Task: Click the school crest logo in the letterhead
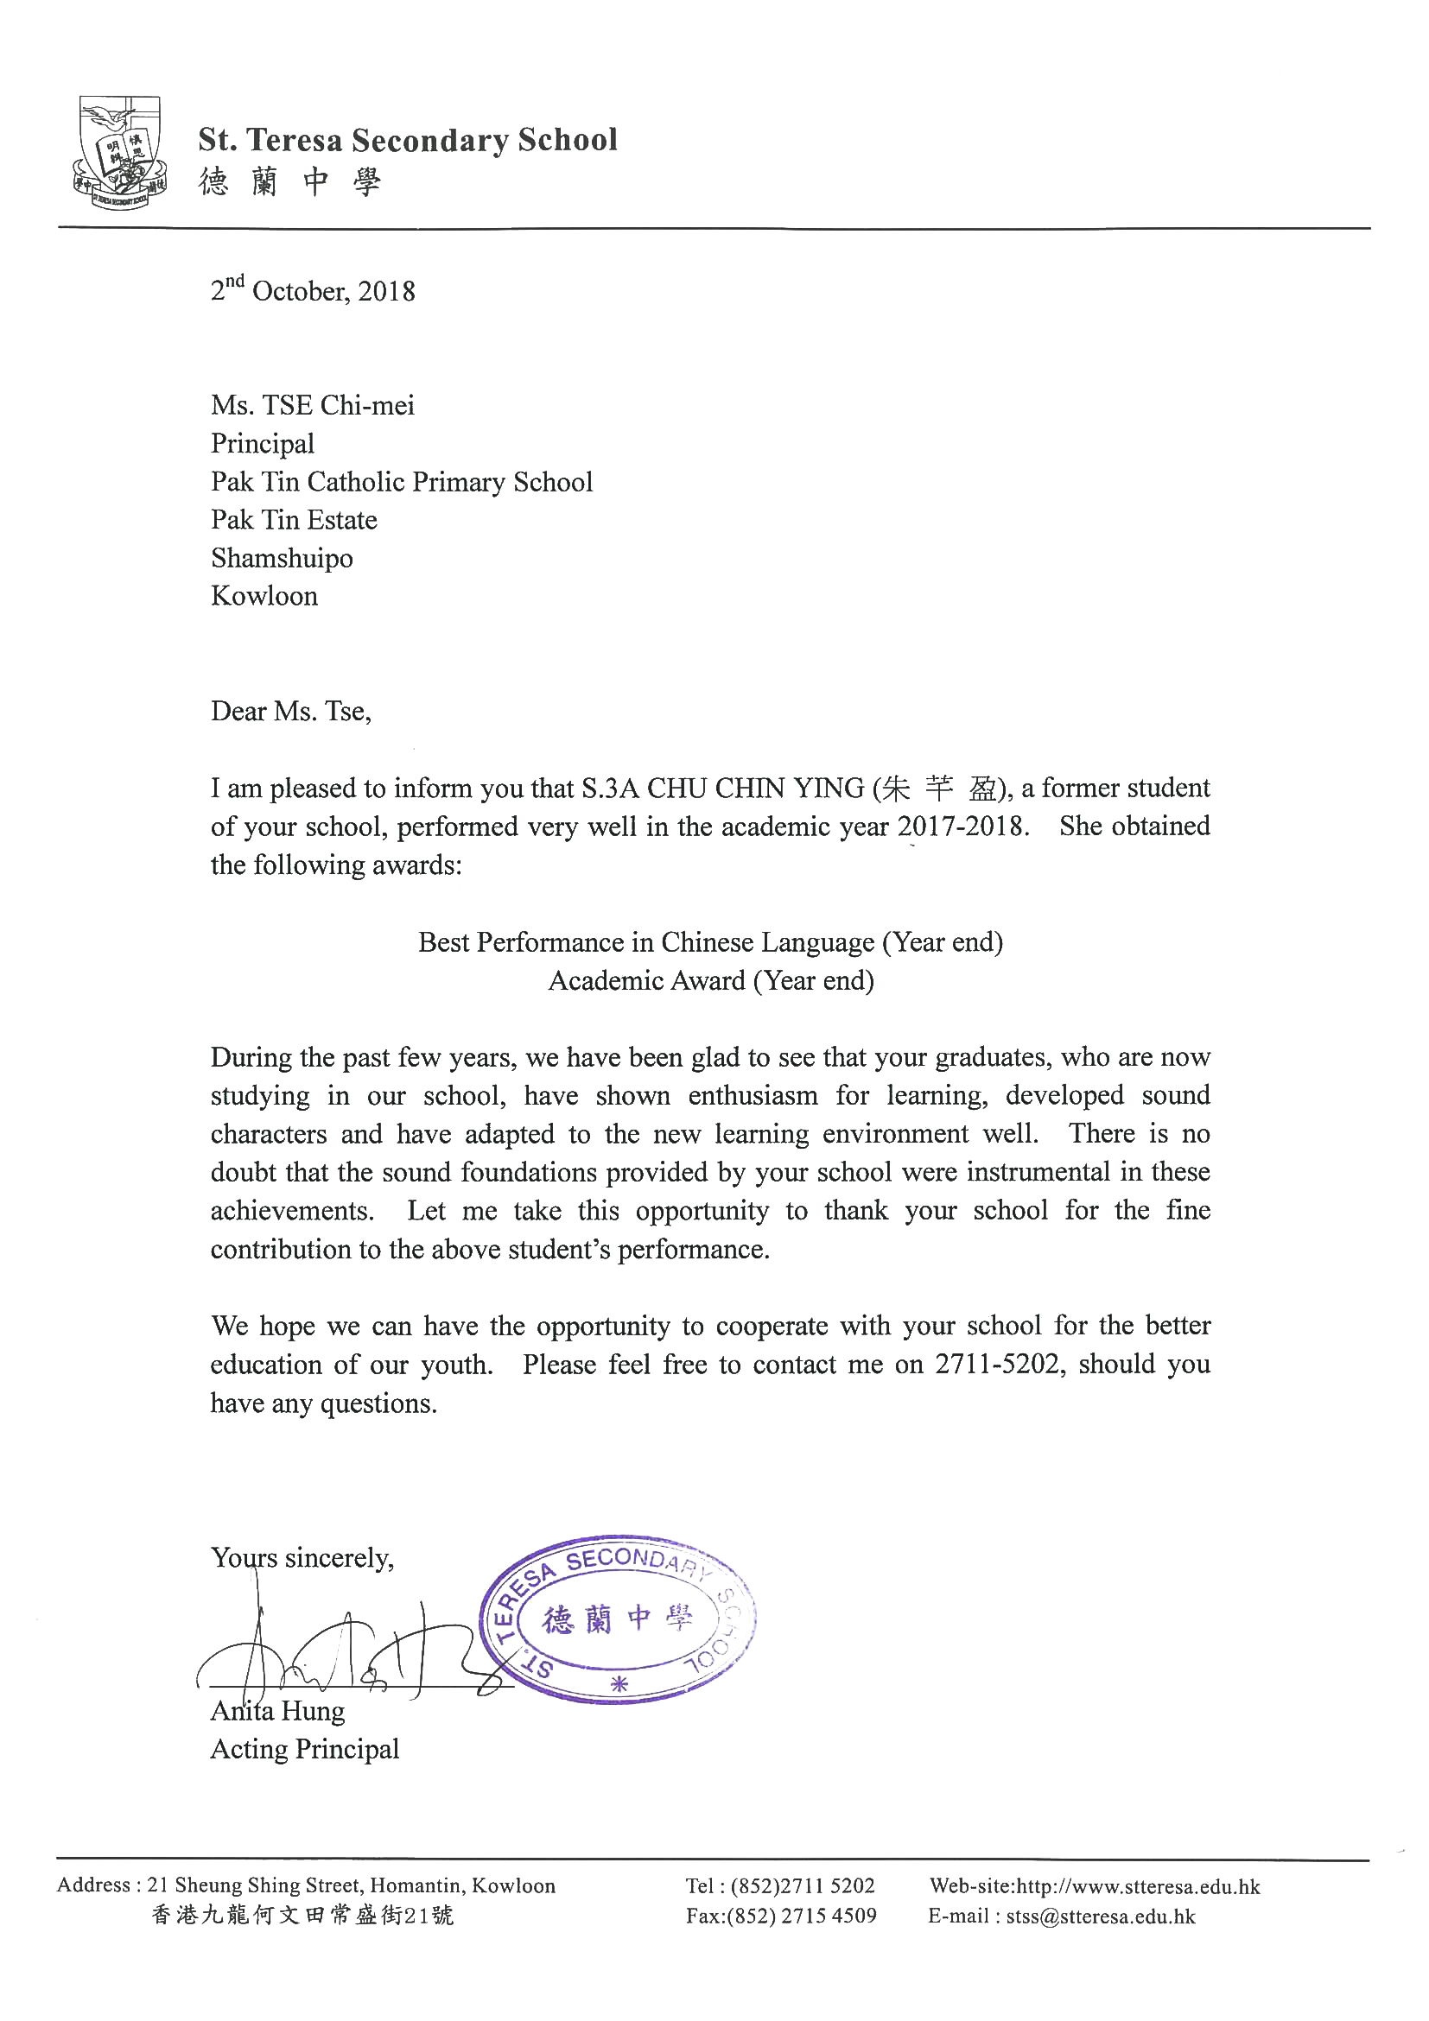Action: pos(119,152)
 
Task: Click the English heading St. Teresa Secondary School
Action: pos(408,140)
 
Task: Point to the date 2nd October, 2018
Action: pos(313,289)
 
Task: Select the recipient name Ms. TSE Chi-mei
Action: pos(313,405)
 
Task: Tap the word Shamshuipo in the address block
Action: pos(282,558)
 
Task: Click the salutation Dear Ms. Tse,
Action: pos(290,711)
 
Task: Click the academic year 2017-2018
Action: pos(962,827)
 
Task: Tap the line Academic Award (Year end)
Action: pos(710,980)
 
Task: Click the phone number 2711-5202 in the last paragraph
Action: pos(998,1365)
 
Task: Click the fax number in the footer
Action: pos(781,1916)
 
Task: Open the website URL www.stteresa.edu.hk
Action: pos(1138,1886)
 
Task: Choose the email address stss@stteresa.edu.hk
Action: pos(1101,1916)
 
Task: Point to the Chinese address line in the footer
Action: pos(302,1916)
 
